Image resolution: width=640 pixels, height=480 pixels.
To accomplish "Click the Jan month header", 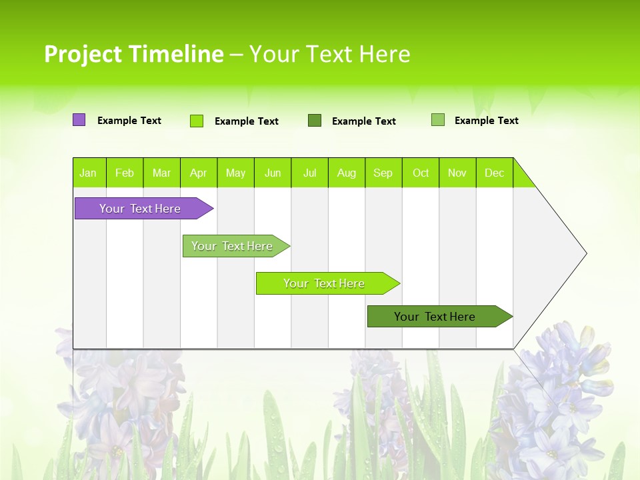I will (88, 173).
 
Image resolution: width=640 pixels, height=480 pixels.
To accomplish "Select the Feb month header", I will (125, 173).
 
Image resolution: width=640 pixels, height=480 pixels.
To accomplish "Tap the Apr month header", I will (199, 173).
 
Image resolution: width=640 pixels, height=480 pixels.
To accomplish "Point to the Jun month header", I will (273, 173).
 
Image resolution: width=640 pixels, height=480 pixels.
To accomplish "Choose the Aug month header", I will (347, 173).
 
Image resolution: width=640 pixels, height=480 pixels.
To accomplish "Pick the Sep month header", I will (383, 173).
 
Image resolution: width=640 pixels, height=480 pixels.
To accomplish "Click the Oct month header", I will (421, 173).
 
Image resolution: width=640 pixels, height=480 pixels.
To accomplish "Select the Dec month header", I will (495, 173).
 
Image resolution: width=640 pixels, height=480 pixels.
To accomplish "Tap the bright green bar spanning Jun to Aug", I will (325, 283).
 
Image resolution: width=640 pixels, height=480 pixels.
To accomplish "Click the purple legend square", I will (79, 120).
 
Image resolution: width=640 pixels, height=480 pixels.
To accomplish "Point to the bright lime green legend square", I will (197, 121).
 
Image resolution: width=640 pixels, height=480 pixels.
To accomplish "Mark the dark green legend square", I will (315, 121).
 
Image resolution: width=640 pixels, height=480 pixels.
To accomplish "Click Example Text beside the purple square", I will (129, 121).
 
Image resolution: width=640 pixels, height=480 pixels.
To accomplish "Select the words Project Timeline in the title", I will (133, 54).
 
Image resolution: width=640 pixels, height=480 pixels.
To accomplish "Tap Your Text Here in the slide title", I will (329, 54).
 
